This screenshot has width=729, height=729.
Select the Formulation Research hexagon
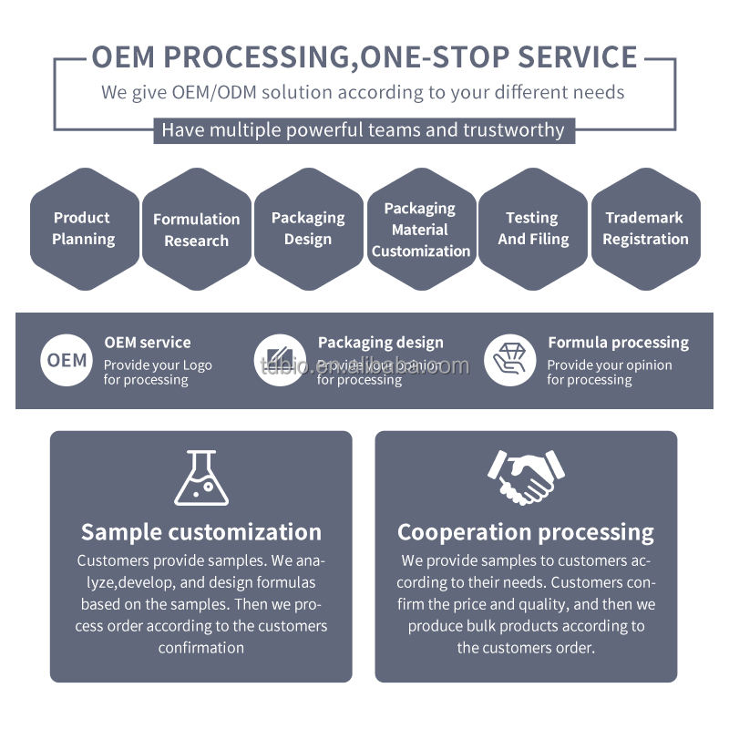[196, 230]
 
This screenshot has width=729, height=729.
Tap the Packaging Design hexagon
[308, 229]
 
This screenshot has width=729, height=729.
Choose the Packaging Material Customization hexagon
[420, 229]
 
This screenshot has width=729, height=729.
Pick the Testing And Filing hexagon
[533, 229]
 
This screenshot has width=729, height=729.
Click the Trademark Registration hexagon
[645, 229]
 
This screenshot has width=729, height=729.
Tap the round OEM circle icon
[67, 360]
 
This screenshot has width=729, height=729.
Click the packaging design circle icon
[280, 360]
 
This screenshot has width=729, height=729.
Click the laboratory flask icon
[200, 477]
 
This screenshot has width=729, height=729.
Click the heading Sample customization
[200, 532]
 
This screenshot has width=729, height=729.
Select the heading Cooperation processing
[526, 532]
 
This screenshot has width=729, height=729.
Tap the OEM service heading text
[147, 343]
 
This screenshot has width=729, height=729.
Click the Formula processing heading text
[618, 343]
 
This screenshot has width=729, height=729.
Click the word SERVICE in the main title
[577, 57]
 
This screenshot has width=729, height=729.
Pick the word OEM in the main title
[124, 57]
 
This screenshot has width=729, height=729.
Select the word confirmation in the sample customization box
[200, 648]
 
